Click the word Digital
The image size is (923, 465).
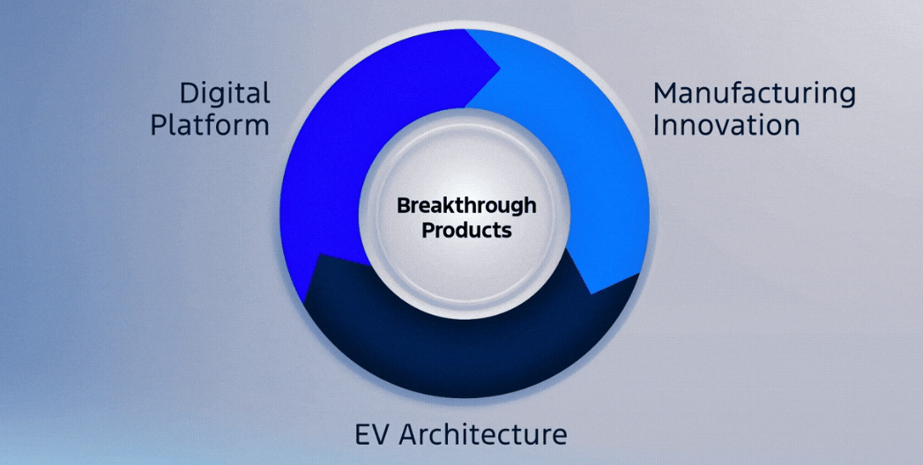tap(225, 94)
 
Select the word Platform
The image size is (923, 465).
tap(210, 125)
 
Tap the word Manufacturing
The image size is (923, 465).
tap(755, 94)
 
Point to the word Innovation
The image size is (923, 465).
tap(726, 125)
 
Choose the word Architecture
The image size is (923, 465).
tap(483, 434)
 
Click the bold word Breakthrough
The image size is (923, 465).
tap(466, 206)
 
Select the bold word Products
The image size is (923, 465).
tap(466, 230)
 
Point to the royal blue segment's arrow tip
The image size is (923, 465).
tap(500, 69)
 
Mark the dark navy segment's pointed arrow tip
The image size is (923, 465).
tap(318, 255)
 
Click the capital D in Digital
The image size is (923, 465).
tap(189, 93)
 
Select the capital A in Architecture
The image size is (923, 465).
tap(410, 434)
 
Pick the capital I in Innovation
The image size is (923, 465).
tap(656, 125)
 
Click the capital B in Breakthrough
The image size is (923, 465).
tap(404, 206)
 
